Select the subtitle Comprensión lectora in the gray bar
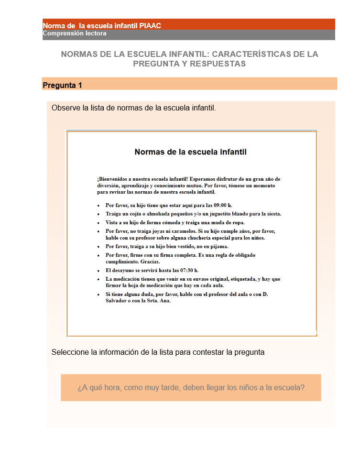coord(75,33)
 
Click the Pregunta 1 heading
coord(62,86)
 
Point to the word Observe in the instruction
coord(66,108)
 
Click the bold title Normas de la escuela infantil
coord(190,152)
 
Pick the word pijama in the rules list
coord(218,246)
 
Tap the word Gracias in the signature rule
coord(150,262)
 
